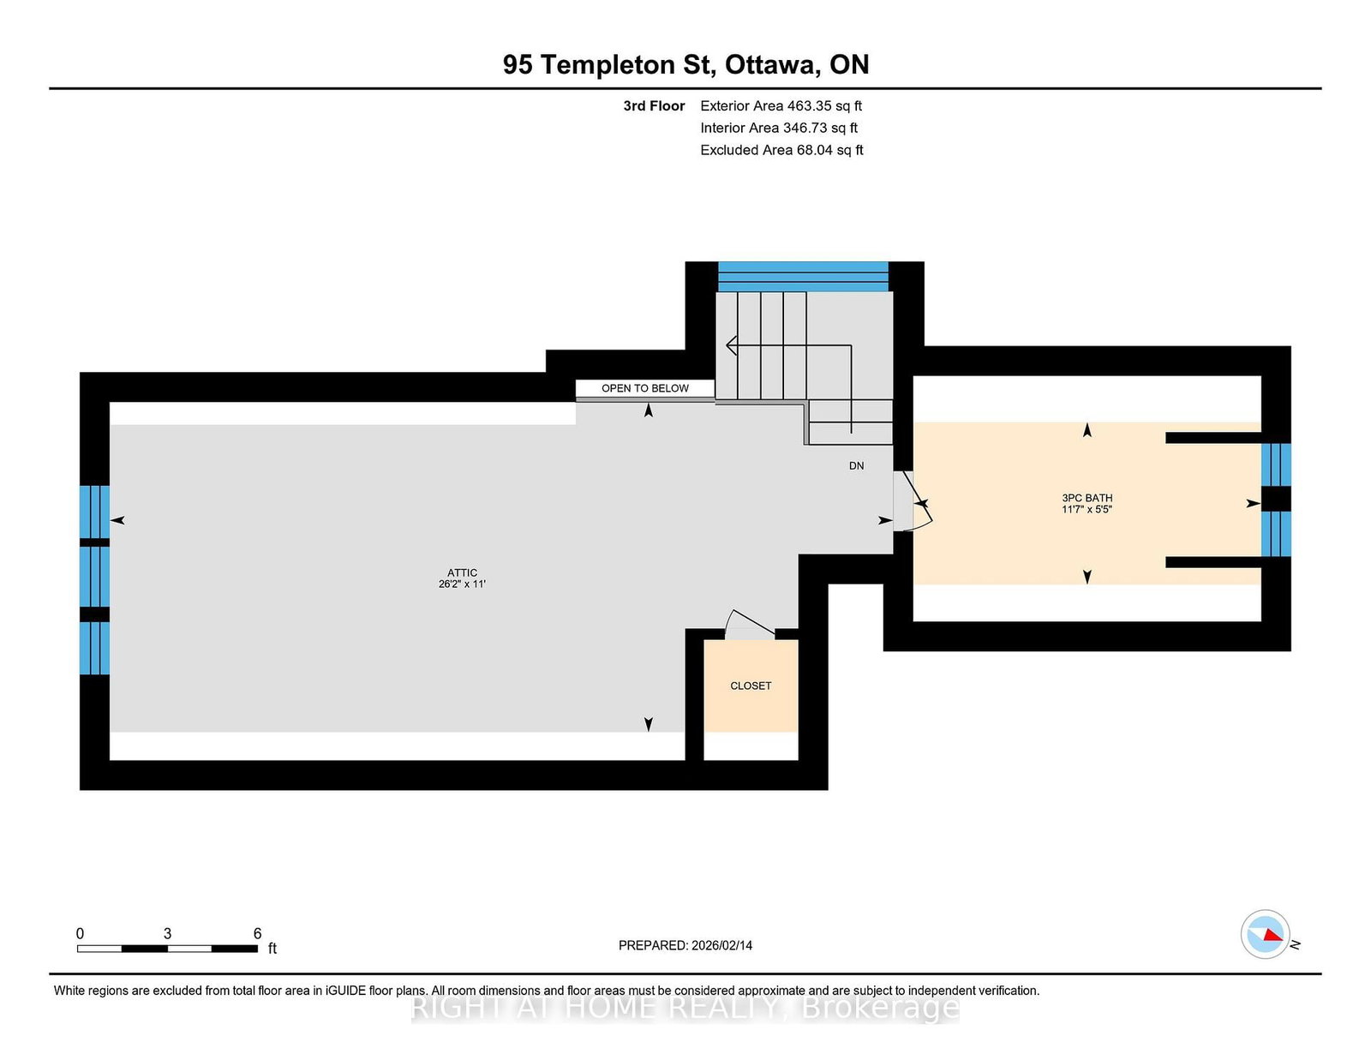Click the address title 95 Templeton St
(x=685, y=65)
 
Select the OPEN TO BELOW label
(x=644, y=388)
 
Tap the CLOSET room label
(x=751, y=686)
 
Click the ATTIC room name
(x=462, y=572)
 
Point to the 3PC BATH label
(x=1087, y=497)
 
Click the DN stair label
(x=856, y=466)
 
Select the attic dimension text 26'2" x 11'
(x=462, y=584)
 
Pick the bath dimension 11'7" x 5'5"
(x=1087, y=509)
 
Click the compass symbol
(x=1265, y=935)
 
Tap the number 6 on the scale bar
(x=257, y=933)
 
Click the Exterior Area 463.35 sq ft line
(x=781, y=106)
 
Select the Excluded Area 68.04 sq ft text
(x=781, y=150)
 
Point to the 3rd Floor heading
(x=654, y=106)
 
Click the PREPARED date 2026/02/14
(x=685, y=945)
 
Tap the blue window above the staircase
(x=803, y=277)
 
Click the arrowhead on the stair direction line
(x=731, y=345)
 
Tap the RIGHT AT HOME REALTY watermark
(x=685, y=1008)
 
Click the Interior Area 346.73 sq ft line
(x=779, y=128)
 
